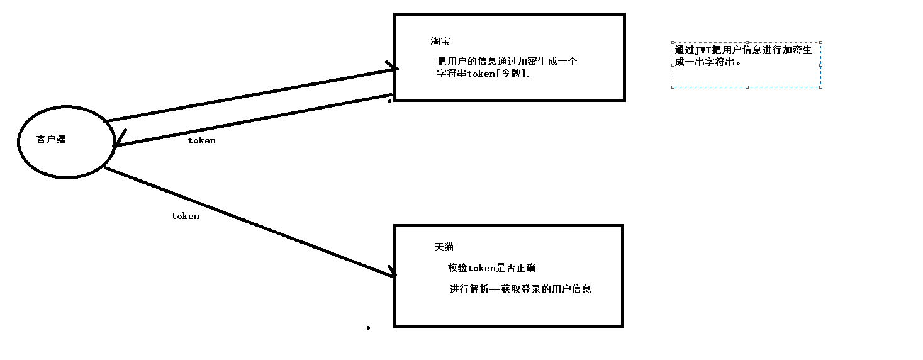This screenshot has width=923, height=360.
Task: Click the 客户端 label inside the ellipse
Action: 51,140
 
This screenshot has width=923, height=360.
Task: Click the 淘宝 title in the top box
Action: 440,41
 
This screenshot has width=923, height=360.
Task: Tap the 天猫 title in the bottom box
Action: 444,247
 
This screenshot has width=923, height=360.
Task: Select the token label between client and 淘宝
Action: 202,140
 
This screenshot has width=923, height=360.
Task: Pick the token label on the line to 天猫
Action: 186,216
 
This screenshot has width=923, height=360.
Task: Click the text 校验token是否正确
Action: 491,267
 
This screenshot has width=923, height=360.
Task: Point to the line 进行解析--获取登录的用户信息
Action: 520,290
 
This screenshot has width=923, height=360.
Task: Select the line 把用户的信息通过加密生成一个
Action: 506,62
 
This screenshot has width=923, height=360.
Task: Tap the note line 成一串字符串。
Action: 708,62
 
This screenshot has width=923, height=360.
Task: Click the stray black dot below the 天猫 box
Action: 368,327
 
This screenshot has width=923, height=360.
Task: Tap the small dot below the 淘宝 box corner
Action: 389,101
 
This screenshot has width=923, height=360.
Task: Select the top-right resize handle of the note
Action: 820,43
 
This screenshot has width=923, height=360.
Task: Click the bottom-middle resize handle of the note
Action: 747,87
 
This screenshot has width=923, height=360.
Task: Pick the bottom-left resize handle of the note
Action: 673,87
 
